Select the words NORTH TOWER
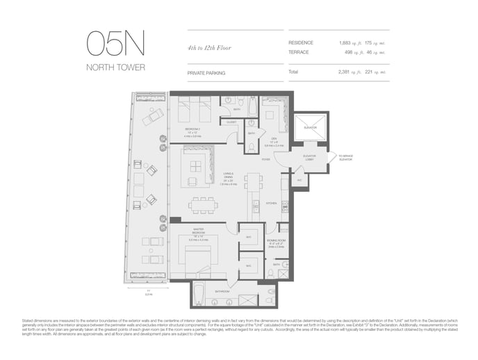tap(115, 67)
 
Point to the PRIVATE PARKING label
tap(206, 72)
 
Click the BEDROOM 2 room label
tap(192, 129)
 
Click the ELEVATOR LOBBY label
tap(309, 157)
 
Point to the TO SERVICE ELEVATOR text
tap(346, 158)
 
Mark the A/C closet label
tap(299, 179)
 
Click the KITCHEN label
tap(272, 203)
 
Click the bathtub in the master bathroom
tap(199, 295)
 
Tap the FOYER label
tap(266, 159)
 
